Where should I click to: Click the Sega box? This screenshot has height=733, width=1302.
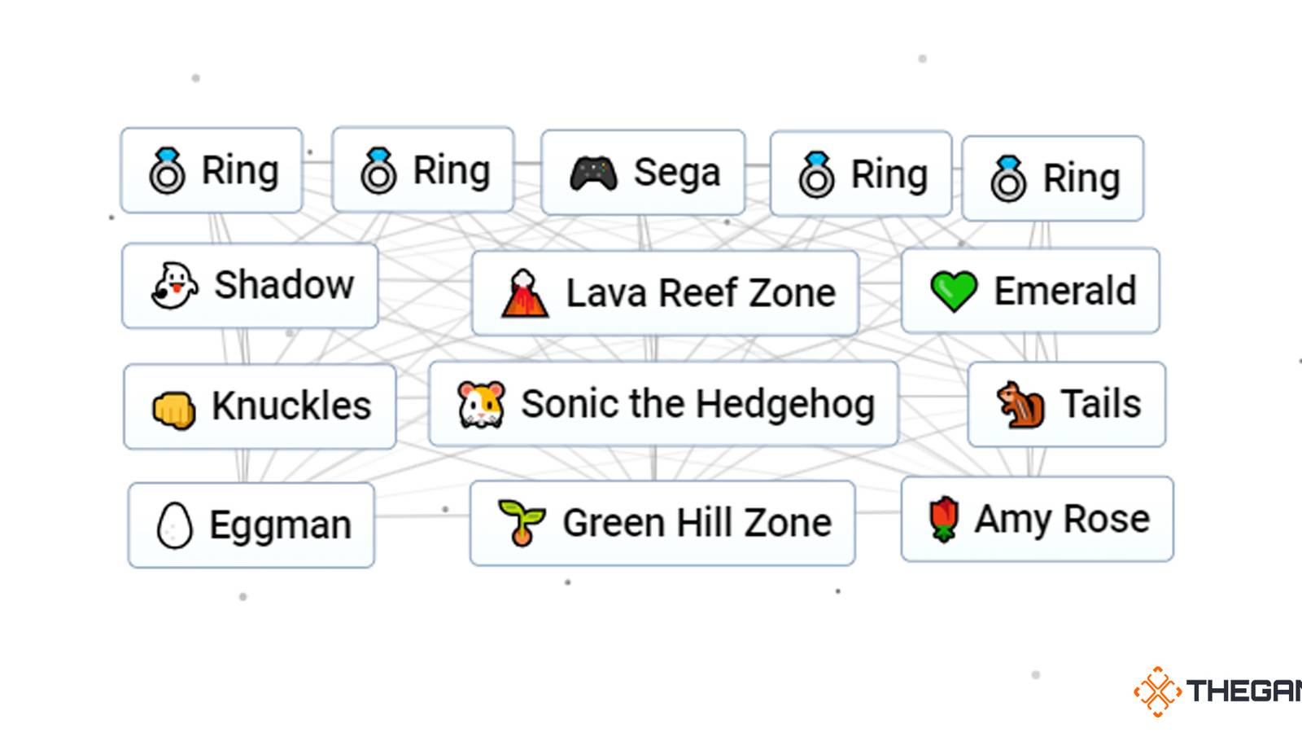643,172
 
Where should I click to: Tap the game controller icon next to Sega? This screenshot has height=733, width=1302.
593,173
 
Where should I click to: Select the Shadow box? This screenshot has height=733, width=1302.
250,286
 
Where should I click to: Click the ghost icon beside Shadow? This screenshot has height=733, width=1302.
174,286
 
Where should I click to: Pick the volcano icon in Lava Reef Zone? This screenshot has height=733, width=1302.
524,294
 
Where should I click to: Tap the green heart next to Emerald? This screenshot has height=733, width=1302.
954,292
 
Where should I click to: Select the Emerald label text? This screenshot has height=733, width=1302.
1064,291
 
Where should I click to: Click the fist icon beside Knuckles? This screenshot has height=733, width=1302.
174,409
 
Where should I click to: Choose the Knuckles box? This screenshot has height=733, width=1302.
260,406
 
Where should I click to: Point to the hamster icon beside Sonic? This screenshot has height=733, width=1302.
481,405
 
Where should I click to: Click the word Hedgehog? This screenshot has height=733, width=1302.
785,405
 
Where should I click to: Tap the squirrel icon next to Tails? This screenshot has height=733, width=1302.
1020,405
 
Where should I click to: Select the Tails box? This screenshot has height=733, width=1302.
1066,405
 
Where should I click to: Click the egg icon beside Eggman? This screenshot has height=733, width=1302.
174,525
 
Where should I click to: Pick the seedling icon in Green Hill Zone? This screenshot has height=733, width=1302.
521,523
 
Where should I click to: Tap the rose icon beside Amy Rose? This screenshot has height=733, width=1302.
943,519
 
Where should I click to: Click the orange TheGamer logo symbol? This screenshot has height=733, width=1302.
1157,691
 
